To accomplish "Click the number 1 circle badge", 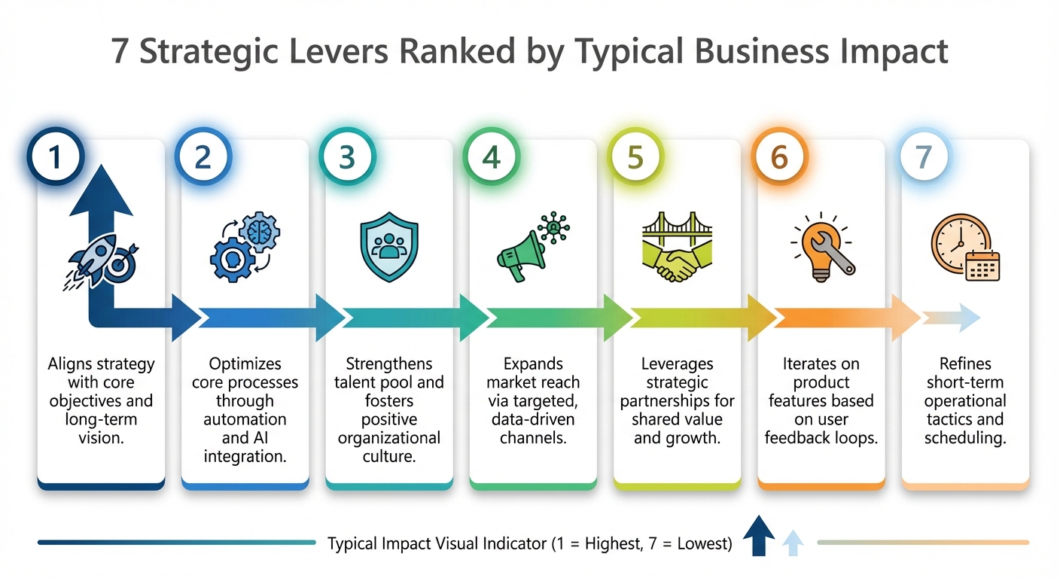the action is coord(56,157).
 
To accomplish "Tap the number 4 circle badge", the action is coord(491,157).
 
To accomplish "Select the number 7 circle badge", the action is coord(924,157).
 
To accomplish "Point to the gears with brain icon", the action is coord(245,247).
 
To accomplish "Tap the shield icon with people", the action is coord(389,247).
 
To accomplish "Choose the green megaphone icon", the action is coord(533,247).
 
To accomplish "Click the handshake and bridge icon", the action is coord(677,247).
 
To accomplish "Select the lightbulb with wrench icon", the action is coord(822,247).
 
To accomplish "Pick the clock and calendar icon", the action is coord(965,248).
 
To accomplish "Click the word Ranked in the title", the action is coord(457,51).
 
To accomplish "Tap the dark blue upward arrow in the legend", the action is coord(759,535).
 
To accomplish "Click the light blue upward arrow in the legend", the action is coord(793,543).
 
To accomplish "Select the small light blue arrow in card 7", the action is coord(952,318).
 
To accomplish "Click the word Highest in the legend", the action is coord(614,544).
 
